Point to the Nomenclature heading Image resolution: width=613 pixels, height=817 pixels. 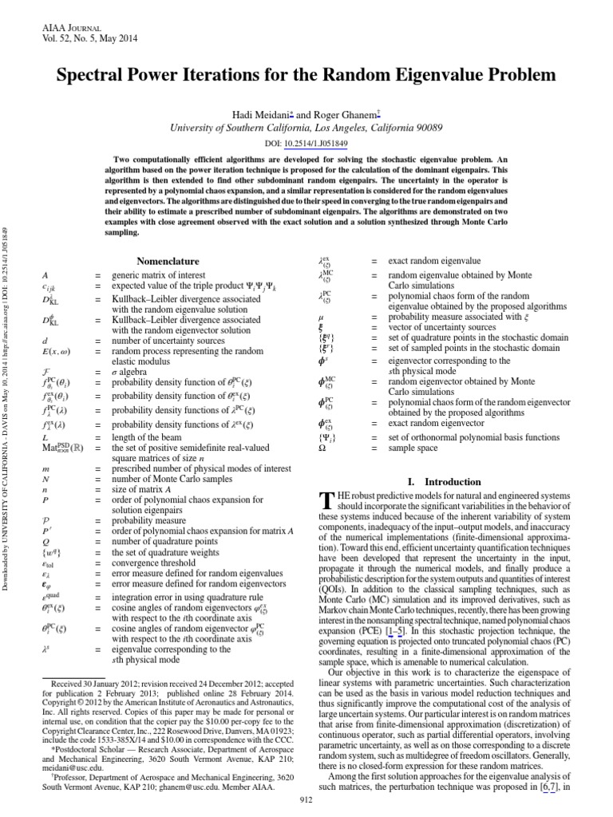[168, 261]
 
